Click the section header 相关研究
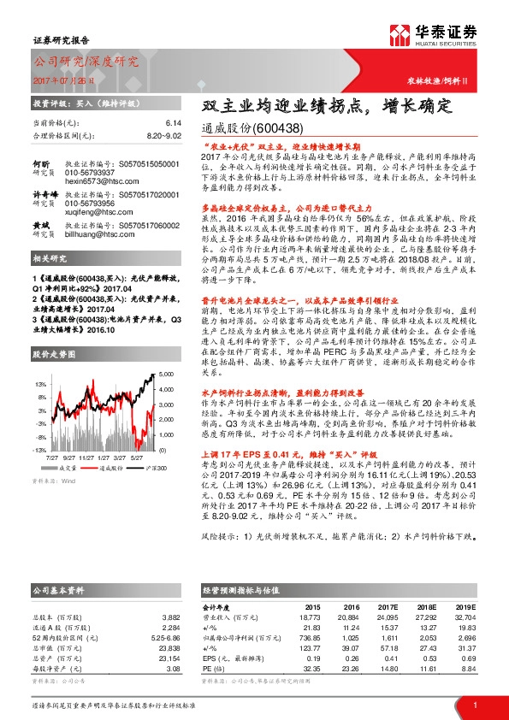pos(52,258)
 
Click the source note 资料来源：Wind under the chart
pos(54,481)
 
